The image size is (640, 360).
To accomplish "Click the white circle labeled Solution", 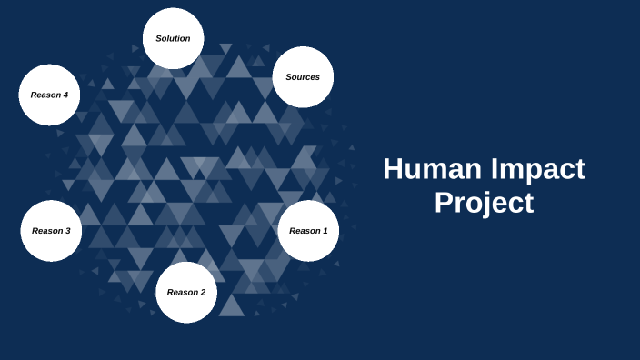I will pos(173,38).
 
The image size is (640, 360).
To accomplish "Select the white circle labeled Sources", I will pos(303,77).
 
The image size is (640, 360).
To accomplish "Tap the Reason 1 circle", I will pos(308,231).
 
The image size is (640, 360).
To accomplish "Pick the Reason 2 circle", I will pos(186,292).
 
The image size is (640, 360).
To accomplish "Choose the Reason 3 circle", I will pos(51,231).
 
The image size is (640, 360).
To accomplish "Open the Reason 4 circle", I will pos(49,95).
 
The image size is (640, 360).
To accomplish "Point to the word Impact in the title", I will pos(536,170).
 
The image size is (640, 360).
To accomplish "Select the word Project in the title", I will pos(484,203).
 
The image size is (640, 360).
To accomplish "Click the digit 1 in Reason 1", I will pos(324,231).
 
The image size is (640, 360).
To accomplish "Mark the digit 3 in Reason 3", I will pos(66,231).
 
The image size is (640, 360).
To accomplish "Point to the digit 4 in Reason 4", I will pos(65,95).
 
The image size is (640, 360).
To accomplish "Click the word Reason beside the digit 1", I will pos(304,231).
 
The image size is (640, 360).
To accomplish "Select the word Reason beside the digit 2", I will pos(182,293).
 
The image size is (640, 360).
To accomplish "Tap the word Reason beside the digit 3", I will pos(46,231).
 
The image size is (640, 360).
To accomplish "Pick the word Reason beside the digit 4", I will pos(45,95).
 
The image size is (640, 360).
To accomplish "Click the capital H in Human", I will pos(394,170).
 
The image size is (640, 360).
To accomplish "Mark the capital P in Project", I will pos(444,203).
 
